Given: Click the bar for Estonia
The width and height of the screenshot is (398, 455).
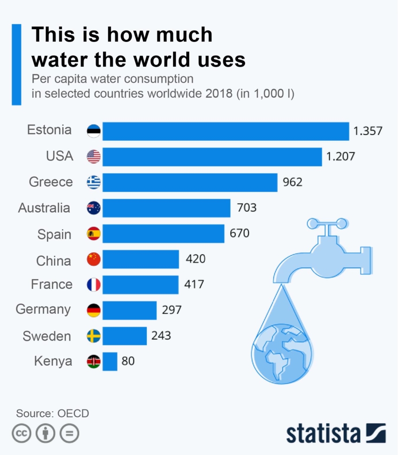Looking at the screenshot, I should [x=226, y=131].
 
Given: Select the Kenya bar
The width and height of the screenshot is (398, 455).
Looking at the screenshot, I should [x=110, y=361].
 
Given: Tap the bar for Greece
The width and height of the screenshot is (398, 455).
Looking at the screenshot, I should [x=190, y=182].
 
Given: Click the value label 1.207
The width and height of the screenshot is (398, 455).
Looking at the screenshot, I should [x=341, y=156].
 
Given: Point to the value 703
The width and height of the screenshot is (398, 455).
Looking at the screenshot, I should [x=247, y=208].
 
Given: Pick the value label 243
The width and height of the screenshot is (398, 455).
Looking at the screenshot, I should [x=161, y=336].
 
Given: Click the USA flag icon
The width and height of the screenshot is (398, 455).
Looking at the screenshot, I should [x=94, y=156].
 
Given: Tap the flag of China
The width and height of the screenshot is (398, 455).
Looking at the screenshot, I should [x=94, y=259].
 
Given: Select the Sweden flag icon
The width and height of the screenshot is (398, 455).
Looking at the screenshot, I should [x=94, y=336].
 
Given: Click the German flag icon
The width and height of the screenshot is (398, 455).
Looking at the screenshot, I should [x=94, y=311].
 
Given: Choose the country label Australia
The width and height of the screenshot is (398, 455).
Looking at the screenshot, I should [x=44, y=208].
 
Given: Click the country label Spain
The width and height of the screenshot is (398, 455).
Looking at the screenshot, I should [x=54, y=234].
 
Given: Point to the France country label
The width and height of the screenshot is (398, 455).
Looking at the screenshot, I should [x=52, y=284].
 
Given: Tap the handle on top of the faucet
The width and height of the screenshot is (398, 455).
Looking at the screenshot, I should [x=328, y=224].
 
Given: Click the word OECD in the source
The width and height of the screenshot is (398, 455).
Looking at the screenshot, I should [x=73, y=413].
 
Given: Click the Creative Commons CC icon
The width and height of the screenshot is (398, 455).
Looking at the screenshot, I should [x=21, y=434].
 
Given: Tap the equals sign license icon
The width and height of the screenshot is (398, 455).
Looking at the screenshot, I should [x=69, y=434].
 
